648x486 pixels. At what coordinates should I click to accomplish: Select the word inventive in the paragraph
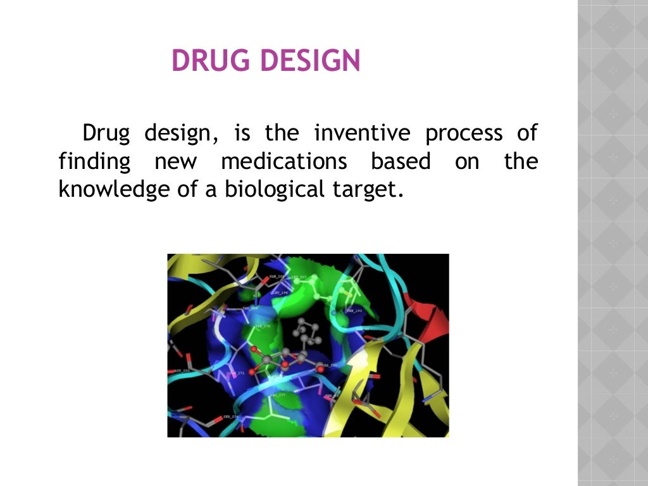(362, 134)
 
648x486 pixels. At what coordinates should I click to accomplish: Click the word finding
(94, 163)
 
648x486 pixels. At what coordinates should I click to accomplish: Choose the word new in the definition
(176, 162)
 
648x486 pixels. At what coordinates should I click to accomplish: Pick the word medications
(284, 161)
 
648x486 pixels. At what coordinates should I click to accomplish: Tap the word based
(401, 161)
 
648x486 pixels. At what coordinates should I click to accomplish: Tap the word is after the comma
(242, 134)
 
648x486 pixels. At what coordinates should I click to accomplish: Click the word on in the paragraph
(467, 162)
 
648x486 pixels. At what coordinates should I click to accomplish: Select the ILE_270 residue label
(262, 326)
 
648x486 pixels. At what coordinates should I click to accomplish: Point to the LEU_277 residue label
(278, 395)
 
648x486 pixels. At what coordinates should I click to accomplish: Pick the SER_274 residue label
(230, 417)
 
